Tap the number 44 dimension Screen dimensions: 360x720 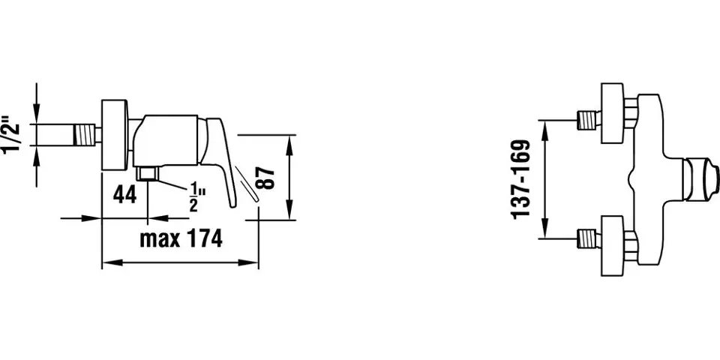pyautogui.click(x=124, y=195)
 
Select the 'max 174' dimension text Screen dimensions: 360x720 pyautogui.click(x=181, y=239)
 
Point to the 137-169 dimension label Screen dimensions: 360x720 pyautogui.click(x=523, y=178)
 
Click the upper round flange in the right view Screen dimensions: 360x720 pyautogui.click(x=612, y=114)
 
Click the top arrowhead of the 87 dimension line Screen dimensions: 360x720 pyautogui.click(x=291, y=139)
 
